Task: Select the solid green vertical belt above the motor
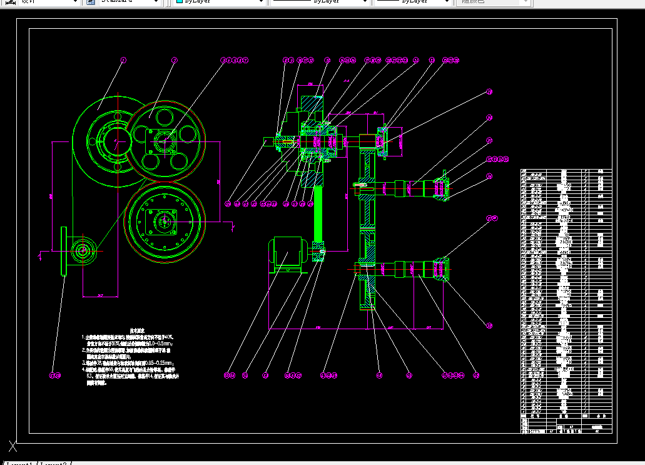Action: pyautogui.click(x=318, y=213)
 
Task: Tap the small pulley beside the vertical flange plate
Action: pyautogui.click(x=83, y=251)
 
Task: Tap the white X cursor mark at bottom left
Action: pyautogui.click(x=13, y=447)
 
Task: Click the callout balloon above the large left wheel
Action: pyautogui.click(x=123, y=60)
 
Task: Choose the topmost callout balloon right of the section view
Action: pyautogui.click(x=490, y=92)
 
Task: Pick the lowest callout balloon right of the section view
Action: pyautogui.click(x=490, y=325)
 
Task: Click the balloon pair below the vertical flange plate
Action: pyautogui.click(x=55, y=376)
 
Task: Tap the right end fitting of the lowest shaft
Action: pyautogui.click(x=442, y=269)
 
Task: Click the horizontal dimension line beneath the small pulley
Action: pyautogui.click(x=100, y=295)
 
